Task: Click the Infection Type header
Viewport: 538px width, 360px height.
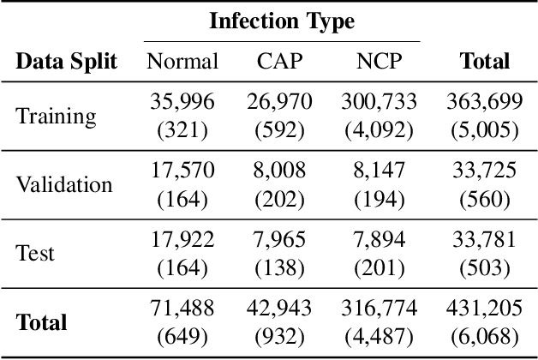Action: click(x=281, y=20)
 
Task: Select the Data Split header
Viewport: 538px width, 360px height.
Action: click(x=67, y=61)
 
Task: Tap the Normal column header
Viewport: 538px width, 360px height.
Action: click(x=182, y=61)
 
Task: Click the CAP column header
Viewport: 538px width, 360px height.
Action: click(x=278, y=61)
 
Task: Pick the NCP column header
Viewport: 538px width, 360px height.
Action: click(x=378, y=61)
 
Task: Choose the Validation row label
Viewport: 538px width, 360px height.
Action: click(x=63, y=184)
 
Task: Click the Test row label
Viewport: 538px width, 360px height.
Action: click(x=35, y=253)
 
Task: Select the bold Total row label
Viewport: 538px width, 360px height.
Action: click(x=41, y=322)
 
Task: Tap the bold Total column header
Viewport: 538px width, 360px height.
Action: click(x=484, y=61)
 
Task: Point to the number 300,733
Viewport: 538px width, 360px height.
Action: click(x=378, y=103)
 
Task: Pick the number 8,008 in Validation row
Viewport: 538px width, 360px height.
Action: click(x=278, y=171)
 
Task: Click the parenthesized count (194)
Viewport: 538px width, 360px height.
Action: click(x=378, y=199)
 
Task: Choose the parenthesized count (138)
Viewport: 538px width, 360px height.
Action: click(x=278, y=267)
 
